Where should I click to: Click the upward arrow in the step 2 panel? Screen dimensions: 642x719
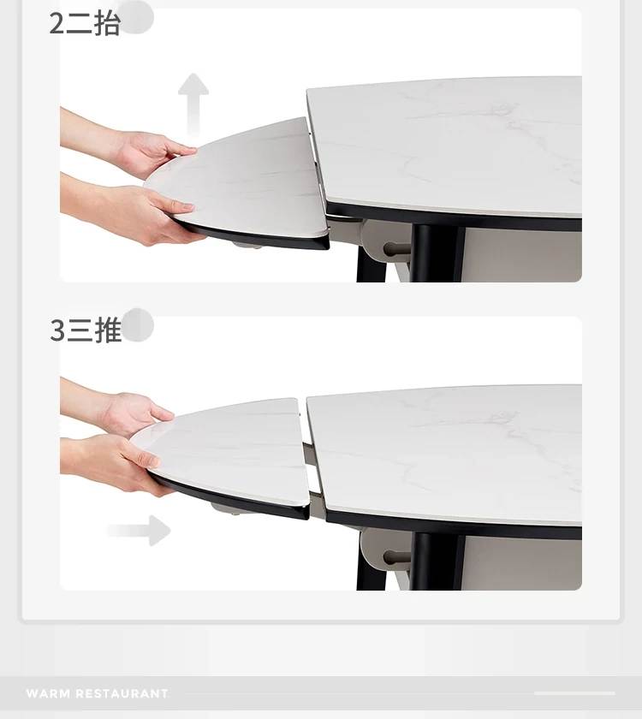(193, 104)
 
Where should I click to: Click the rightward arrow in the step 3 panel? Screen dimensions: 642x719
(140, 531)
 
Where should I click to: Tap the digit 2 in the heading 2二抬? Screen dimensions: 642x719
(56, 23)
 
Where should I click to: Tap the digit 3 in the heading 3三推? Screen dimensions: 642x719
(56, 330)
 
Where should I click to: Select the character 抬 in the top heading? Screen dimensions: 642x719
(107, 23)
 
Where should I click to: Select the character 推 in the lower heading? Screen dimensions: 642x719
(108, 330)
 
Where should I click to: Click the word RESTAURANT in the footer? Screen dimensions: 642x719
(122, 693)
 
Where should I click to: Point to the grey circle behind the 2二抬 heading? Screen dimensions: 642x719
(137, 17)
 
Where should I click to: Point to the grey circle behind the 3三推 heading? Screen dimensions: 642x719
(138, 324)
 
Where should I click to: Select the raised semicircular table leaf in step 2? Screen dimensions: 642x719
(239, 183)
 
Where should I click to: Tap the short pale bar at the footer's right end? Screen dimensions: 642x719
(574, 693)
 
